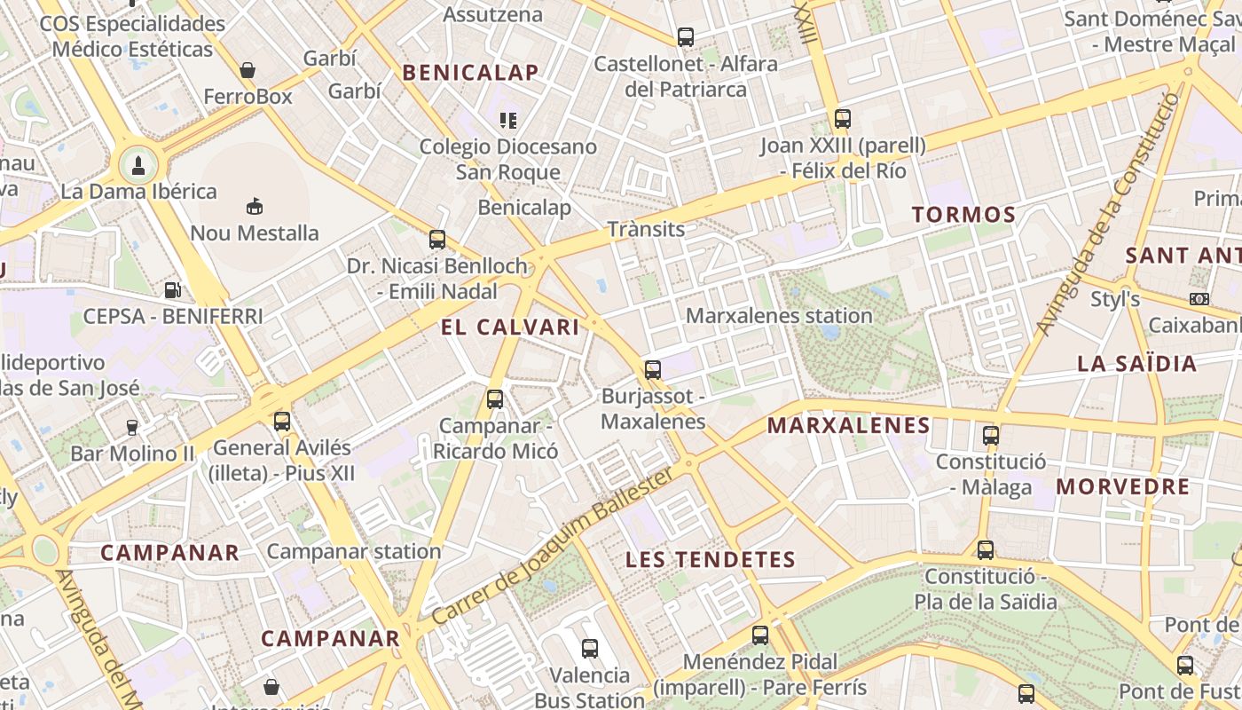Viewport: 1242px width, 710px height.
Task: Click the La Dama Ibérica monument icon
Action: (x=138, y=164)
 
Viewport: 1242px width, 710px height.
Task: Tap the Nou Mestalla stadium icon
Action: (x=255, y=207)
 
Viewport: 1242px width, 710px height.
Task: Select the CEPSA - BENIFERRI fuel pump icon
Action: (x=173, y=289)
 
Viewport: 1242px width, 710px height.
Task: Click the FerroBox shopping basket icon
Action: (x=248, y=69)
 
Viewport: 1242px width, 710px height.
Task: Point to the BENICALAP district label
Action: (x=471, y=73)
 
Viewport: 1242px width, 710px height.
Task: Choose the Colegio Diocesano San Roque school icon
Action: (x=507, y=120)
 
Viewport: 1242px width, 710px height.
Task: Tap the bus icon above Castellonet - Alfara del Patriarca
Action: (x=685, y=37)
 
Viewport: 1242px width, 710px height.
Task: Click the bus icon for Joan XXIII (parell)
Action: (x=842, y=118)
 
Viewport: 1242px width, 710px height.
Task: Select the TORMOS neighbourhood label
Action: (x=963, y=214)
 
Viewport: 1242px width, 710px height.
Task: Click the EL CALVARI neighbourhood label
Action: (x=510, y=327)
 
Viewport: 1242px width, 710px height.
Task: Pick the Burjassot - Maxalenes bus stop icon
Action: (x=653, y=369)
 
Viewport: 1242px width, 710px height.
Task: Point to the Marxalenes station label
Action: (x=779, y=315)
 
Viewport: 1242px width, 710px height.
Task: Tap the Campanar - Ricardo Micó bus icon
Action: (x=495, y=399)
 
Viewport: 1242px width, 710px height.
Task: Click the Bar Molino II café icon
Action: (x=132, y=428)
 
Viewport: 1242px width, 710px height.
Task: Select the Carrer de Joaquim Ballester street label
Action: (x=552, y=547)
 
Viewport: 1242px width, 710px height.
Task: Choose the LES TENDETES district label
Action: (x=711, y=559)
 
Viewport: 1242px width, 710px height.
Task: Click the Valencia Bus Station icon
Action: (x=590, y=649)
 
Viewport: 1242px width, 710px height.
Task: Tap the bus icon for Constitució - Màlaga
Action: (x=991, y=436)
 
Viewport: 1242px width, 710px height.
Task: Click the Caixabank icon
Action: (x=1199, y=299)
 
